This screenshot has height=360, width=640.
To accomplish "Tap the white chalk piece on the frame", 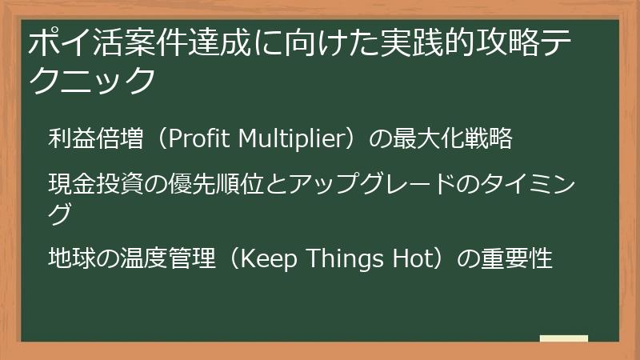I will pos(563,338).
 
